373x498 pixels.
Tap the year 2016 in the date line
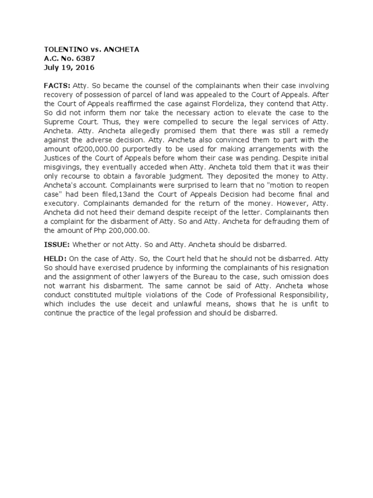click(85, 68)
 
